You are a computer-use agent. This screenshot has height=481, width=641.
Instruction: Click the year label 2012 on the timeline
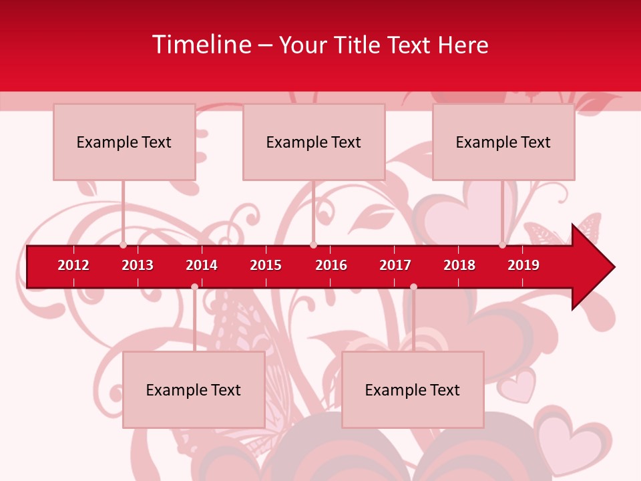click(x=73, y=265)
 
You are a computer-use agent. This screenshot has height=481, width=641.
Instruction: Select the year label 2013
click(x=138, y=265)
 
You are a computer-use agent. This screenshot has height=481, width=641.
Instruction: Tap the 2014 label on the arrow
click(x=202, y=265)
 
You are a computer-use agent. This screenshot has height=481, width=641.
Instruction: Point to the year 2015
click(x=266, y=265)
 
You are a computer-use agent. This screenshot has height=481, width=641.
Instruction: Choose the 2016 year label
click(x=331, y=265)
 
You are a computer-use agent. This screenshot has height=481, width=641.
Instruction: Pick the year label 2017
click(x=395, y=265)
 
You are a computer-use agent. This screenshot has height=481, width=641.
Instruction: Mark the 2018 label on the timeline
click(x=459, y=265)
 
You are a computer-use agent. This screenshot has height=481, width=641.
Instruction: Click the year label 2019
click(x=523, y=265)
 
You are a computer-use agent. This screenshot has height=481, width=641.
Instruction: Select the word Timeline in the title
click(x=202, y=45)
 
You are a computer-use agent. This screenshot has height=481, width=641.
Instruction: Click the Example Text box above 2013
click(x=124, y=142)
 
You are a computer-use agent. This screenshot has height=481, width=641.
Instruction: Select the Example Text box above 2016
click(x=314, y=142)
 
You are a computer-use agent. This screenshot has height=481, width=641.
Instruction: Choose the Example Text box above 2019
click(x=503, y=142)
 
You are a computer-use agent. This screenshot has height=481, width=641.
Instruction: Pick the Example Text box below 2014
click(x=194, y=389)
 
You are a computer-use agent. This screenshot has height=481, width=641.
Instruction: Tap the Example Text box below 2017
click(x=413, y=389)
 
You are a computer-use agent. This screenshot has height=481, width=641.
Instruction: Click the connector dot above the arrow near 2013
click(x=123, y=245)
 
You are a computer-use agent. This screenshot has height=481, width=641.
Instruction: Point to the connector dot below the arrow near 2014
click(x=194, y=287)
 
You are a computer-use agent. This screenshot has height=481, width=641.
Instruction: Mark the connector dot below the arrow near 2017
click(x=413, y=287)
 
